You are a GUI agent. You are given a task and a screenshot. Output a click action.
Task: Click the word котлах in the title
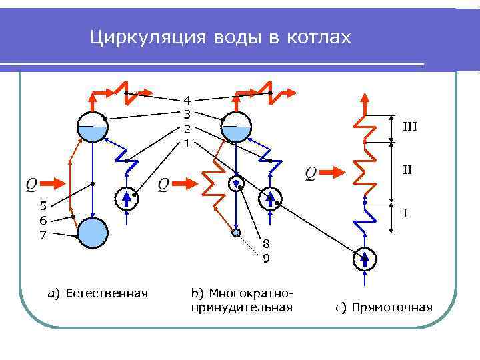pyautogui.click(x=318, y=37)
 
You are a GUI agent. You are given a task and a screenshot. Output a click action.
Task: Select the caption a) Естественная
pyautogui.click(x=97, y=293)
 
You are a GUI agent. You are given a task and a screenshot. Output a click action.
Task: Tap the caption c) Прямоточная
pyautogui.click(x=383, y=307)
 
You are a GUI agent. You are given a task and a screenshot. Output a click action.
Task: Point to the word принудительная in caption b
pyautogui.click(x=241, y=307)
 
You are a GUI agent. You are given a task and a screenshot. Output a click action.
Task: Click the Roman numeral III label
pyautogui.click(x=409, y=126)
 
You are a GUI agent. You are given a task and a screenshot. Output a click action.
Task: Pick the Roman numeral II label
pyautogui.click(x=407, y=170)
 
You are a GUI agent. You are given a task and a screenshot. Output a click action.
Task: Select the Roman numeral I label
pyautogui.click(x=404, y=214)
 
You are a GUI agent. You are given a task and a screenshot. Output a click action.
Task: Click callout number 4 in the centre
pyautogui.click(x=187, y=100)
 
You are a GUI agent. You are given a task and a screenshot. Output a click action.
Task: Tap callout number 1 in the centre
pyautogui.click(x=187, y=143)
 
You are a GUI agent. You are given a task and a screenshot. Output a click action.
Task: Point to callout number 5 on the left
pyautogui.click(x=43, y=205)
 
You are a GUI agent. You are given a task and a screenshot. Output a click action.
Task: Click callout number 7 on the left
pyautogui.click(x=43, y=235)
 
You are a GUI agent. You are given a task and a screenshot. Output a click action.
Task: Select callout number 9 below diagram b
pyautogui.click(x=265, y=259)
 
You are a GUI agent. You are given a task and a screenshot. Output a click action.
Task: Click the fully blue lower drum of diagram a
pyautogui.click(x=92, y=233)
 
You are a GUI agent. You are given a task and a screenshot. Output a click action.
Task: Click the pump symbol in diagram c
pyautogui.click(x=365, y=259)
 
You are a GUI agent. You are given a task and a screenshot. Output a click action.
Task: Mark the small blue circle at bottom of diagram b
pyautogui.click(x=236, y=233)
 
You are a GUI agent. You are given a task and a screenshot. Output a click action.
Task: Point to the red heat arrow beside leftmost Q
pyautogui.click(x=58, y=183)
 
